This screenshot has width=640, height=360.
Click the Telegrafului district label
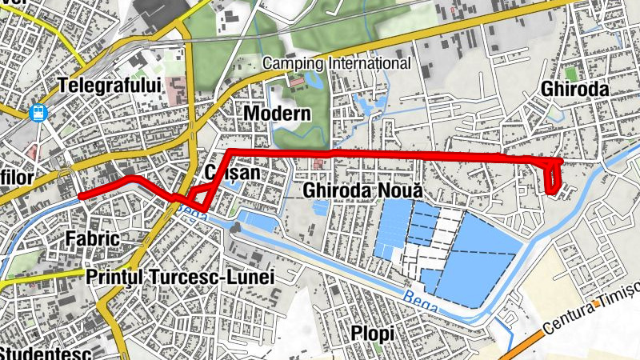pyautogui.click(x=110, y=85)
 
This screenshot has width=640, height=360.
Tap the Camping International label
pyautogui.click(x=337, y=63)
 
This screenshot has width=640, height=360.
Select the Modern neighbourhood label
pyautogui.click(x=277, y=113)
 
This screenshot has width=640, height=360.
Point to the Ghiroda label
pyautogui.click(x=574, y=89)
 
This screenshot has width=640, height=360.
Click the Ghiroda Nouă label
pyautogui.click(x=362, y=191)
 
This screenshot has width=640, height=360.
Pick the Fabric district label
pyautogui.click(x=93, y=238)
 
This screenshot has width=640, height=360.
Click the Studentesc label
pyautogui.click(x=48, y=352)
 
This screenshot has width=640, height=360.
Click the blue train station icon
pyautogui.click(x=38, y=114)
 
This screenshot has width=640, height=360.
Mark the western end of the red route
pyautogui.click(x=81, y=194)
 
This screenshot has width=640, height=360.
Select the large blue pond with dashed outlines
pyautogui.click(x=480, y=256)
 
